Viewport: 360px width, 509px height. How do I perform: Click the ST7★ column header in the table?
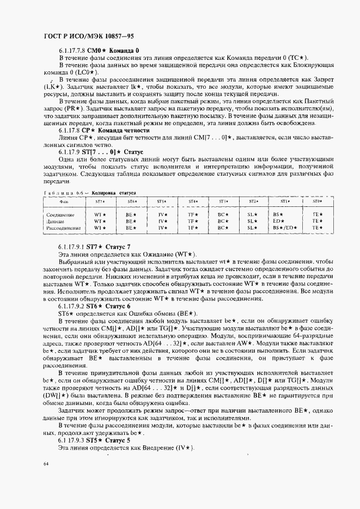point(100,201)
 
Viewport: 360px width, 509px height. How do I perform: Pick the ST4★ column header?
point(192,201)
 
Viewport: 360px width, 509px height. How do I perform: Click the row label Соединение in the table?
point(60,215)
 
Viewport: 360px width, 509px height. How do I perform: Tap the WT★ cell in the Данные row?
point(99,222)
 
